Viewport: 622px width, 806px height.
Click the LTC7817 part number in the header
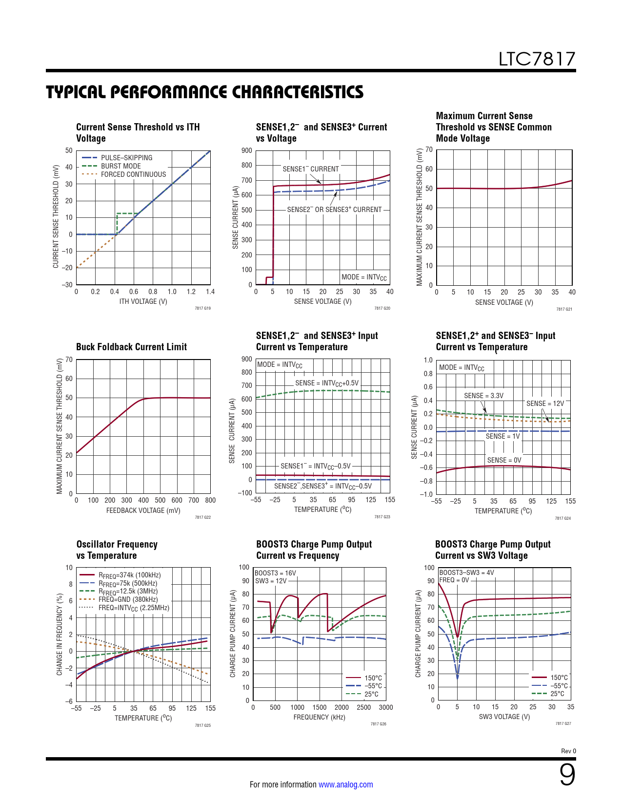[537, 59]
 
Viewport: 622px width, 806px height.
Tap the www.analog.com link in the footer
[345, 785]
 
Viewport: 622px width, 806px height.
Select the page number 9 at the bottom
[567, 775]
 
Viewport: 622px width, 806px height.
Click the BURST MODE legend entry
[120, 166]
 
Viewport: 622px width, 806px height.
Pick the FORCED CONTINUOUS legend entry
[133, 174]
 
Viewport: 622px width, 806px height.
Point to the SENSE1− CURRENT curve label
[310, 169]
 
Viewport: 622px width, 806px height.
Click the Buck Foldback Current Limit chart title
[131, 347]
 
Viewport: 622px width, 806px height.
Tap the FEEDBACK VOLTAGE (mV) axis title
[143, 510]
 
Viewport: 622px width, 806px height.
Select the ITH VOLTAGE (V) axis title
[143, 301]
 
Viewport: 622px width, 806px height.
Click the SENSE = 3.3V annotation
[483, 396]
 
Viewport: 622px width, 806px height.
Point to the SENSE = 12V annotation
[545, 403]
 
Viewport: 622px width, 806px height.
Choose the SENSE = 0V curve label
[504, 460]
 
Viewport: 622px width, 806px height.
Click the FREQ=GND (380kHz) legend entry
[128, 599]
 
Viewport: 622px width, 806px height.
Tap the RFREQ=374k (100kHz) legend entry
[129, 575]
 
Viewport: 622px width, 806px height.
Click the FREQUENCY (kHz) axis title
[319, 717]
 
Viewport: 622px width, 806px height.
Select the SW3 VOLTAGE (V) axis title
[504, 717]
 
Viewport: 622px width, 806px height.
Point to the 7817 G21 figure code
[564, 309]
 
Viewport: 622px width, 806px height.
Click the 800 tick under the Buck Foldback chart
[210, 500]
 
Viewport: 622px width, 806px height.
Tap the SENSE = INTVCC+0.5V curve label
[326, 383]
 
